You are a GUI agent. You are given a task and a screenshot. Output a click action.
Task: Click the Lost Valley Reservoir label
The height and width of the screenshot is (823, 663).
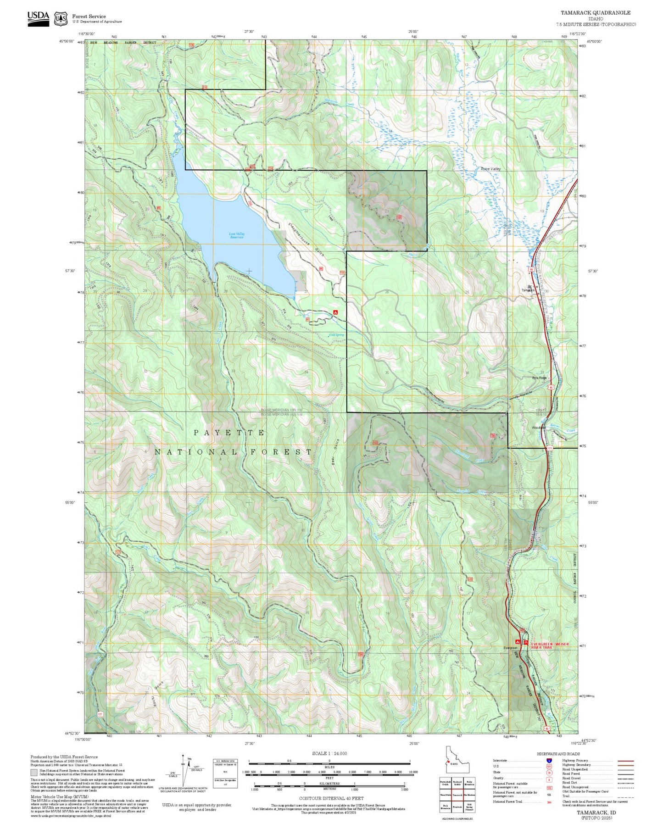click(x=237, y=235)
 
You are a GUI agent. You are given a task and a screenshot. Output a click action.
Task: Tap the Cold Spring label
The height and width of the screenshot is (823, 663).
click(x=336, y=334)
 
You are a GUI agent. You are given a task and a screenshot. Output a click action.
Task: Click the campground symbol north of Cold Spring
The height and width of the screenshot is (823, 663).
click(x=335, y=312)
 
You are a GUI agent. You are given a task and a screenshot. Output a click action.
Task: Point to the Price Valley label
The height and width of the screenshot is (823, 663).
click(x=490, y=169)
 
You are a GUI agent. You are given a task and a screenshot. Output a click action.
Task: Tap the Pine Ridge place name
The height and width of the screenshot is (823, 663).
click(x=539, y=378)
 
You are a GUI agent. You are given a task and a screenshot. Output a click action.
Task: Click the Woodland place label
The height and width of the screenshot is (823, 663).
click(x=538, y=428)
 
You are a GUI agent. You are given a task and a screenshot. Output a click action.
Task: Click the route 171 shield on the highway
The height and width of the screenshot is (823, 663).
click(x=549, y=448)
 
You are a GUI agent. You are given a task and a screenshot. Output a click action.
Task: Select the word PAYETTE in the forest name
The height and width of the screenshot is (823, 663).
click(x=229, y=433)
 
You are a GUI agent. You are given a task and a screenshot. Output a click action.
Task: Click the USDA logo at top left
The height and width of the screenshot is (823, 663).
click(x=38, y=18)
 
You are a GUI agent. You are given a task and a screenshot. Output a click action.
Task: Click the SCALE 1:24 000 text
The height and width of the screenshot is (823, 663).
click(x=329, y=753)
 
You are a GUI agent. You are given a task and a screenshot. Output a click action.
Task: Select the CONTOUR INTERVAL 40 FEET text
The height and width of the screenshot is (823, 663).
click(x=331, y=798)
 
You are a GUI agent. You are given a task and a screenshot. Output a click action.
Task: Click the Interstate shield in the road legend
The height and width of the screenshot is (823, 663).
click(x=549, y=761)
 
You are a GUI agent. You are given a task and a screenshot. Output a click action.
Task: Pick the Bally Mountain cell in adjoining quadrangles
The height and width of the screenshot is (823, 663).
click(x=469, y=782)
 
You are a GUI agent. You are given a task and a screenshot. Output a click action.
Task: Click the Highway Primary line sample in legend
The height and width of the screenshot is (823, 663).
click(x=625, y=761)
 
